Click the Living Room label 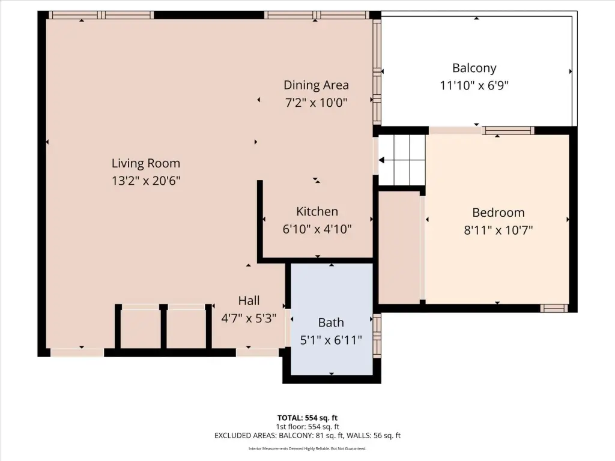click(146, 163)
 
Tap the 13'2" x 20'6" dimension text click(146, 181)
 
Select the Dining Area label click(316, 85)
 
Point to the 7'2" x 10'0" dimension click(316, 103)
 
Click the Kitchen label click(317, 211)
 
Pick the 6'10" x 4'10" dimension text click(317, 229)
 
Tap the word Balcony click(474, 68)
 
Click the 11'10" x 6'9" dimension click(474, 85)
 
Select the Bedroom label click(498, 212)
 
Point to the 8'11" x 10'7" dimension click(498, 230)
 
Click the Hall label click(249, 301)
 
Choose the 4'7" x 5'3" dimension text click(249, 318)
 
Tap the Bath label click(331, 322)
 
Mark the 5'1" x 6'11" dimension click(331, 340)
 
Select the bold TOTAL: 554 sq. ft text click(307, 418)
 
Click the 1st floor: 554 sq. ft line click(307, 427)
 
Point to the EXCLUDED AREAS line click(307, 436)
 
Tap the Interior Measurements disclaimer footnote click(307, 448)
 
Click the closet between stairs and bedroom click(399, 247)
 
